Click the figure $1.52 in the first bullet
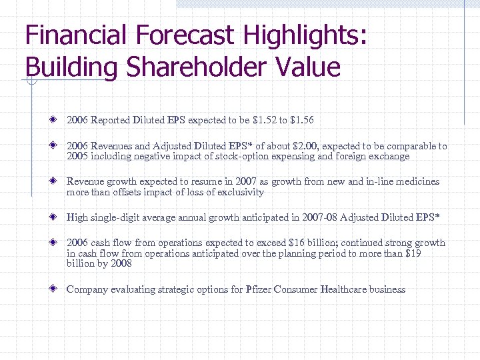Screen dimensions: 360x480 coord(265,121)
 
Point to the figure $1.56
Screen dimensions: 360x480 coord(301,121)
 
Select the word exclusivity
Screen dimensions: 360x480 coord(239,193)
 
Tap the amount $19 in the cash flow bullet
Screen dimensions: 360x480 coord(413,253)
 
